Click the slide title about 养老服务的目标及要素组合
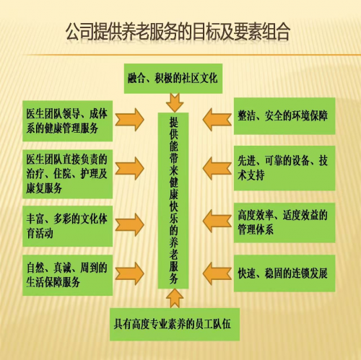point(178,32)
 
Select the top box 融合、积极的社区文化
point(173,79)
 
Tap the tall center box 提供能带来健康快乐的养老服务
point(173,201)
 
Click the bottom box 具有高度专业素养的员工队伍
point(175,324)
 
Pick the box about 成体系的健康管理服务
point(68,121)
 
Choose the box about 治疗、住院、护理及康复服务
point(68,174)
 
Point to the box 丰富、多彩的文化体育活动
point(68,226)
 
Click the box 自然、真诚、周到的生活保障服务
point(68,275)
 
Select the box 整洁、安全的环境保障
point(284,116)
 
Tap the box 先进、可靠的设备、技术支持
point(284,168)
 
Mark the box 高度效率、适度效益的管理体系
point(284,222)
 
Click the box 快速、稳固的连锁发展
point(284,273)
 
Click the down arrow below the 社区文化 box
point(175,103)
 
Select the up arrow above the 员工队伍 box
point(175,298)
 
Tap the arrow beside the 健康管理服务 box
point(130,120)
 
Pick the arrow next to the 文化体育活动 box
point(130,224)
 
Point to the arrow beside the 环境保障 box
point(217,120)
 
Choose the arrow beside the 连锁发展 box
point(217,273)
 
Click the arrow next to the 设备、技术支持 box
point(217,168)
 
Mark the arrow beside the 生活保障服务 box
point(130,273)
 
